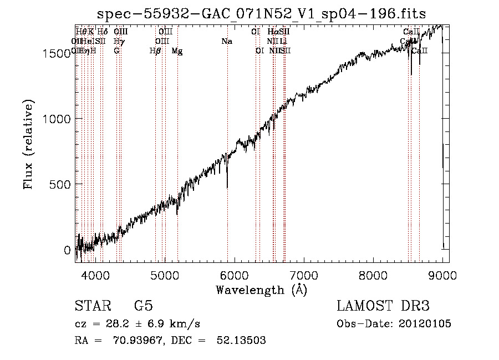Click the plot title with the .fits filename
point(262,13)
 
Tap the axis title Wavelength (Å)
point(261,290)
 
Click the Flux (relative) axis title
point(28,144)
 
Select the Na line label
point(226,42)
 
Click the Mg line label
point(177,51)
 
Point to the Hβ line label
point(155,51)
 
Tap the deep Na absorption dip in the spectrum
point(227,186)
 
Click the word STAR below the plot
point(93,306)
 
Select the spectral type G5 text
point(143,306)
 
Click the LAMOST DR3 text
point(383,306)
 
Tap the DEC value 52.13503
point(243,340)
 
